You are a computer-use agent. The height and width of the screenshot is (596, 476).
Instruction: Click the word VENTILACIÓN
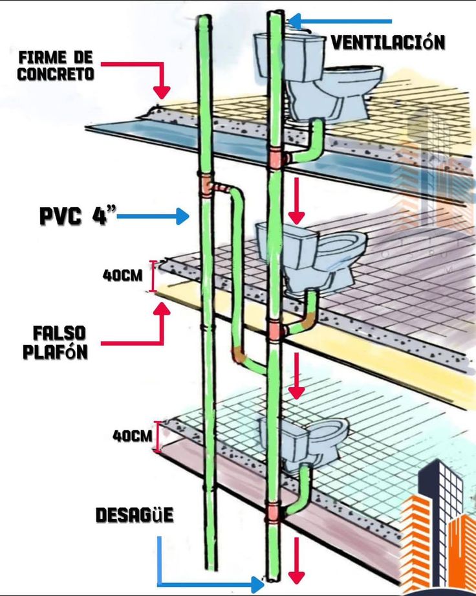[x=387, y=42]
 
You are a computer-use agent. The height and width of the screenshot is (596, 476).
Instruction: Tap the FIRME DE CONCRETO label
[x=56, y=66]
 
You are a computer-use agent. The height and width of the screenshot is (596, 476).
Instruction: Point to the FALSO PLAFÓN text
[x=56, y=342]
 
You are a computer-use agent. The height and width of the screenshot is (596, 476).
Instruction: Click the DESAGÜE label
[x=134, y=515]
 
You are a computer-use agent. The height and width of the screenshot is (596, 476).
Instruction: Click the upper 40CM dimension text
[x=122, y=275]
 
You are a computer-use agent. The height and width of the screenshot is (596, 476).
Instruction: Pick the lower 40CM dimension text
[x=132, y=436]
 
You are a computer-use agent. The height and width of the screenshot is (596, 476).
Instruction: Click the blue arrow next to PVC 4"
[x=153, y=216]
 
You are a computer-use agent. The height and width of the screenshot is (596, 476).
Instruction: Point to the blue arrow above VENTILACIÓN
[x=340, y=21]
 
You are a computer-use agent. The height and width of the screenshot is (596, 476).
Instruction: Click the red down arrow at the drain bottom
[x=296, y=560]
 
